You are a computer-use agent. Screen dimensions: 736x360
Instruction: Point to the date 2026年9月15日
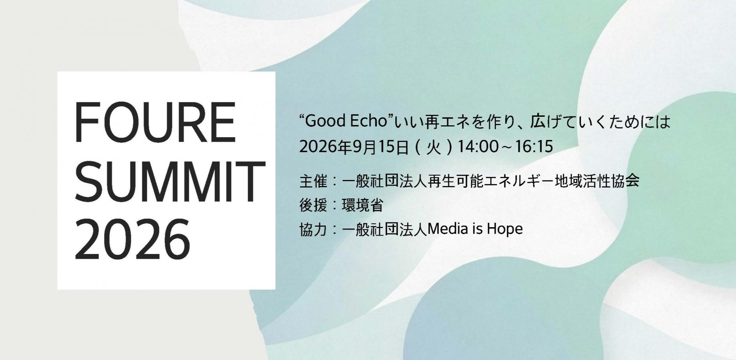[x=354, y=147]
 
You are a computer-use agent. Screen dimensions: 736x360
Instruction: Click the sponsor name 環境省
[x=362, y=205]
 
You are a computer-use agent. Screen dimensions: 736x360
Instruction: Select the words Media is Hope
[x=475, y=229]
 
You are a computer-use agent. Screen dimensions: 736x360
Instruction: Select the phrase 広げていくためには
[x=600, y=122]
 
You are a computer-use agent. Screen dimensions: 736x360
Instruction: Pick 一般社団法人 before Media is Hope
[x=384, y=230]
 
